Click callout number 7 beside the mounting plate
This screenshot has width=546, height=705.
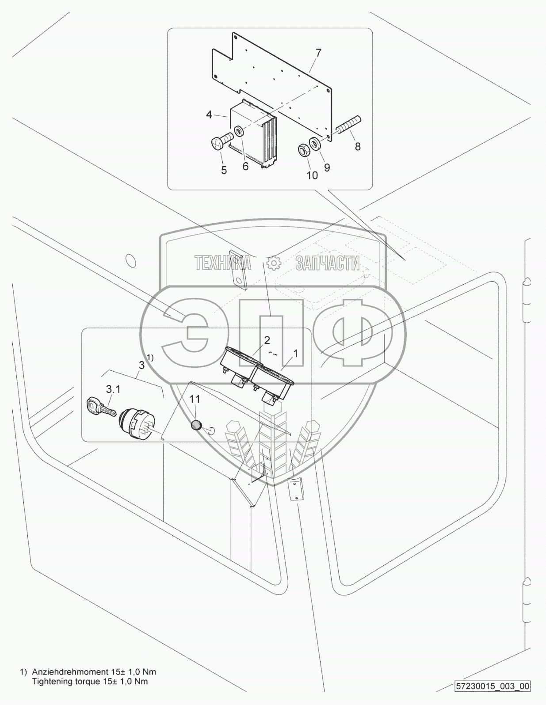coord(318,53)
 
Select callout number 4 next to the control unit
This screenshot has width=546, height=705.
coord(209,114)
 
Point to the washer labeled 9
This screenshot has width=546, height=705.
coord(315,144)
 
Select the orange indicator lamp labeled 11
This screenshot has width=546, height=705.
coord(196,426)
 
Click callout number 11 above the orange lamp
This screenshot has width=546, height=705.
coord(195,399)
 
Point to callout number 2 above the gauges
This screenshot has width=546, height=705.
coord(267,340)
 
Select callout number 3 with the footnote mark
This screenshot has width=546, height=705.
coord(141,365)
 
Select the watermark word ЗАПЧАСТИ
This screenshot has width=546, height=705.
coord(327,263)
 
